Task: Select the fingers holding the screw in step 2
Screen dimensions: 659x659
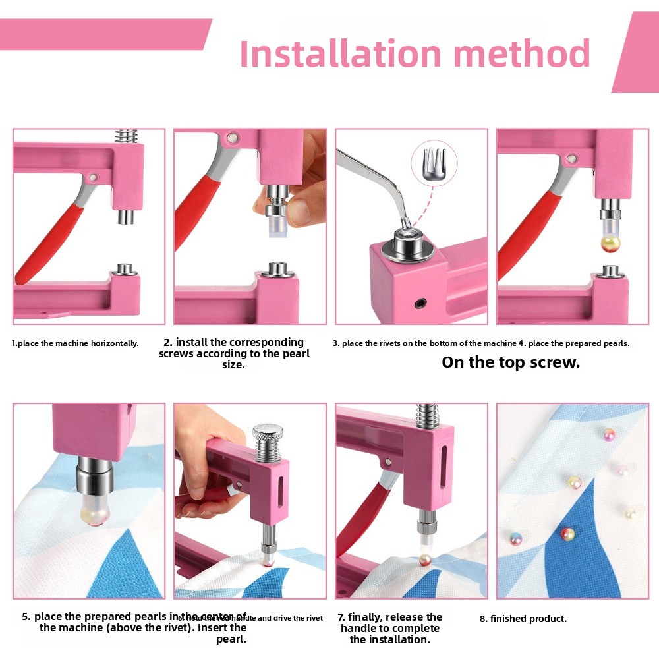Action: click(x=300, y=198)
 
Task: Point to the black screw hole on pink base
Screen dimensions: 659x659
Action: click(x=419, y=303)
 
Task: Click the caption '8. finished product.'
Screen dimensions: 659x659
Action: click(x=523, y=619)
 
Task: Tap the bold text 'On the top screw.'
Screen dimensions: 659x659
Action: click(x=511, y=362)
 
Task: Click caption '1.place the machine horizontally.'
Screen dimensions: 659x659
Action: click(x=76, y=343)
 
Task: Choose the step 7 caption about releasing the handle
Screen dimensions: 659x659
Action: click(x=389, y=628)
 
